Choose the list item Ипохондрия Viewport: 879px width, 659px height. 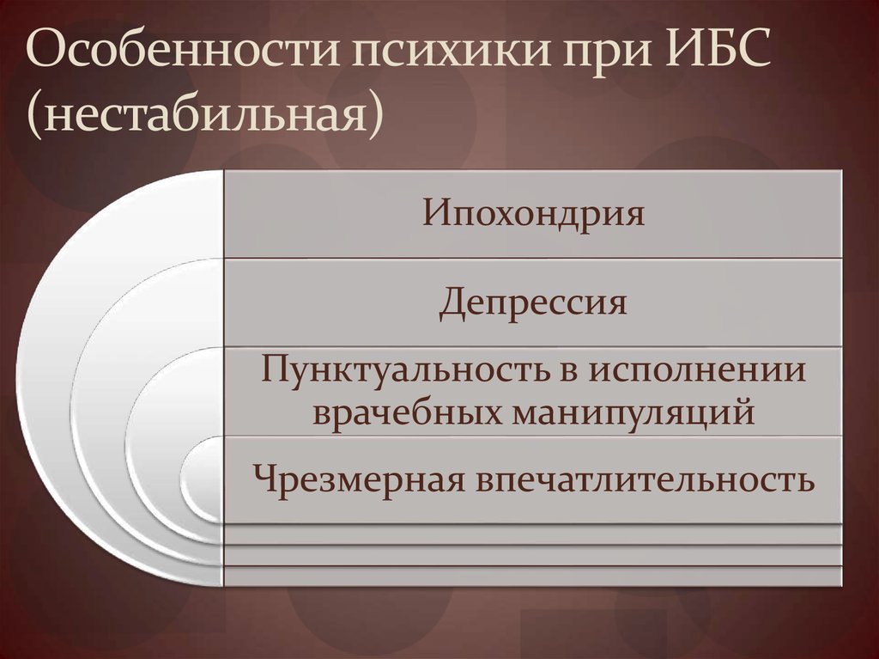click(532, 212)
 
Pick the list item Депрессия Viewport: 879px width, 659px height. click(532, 302)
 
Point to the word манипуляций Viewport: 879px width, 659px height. click(634, 413)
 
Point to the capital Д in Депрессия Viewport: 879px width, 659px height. click(450, 303)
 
